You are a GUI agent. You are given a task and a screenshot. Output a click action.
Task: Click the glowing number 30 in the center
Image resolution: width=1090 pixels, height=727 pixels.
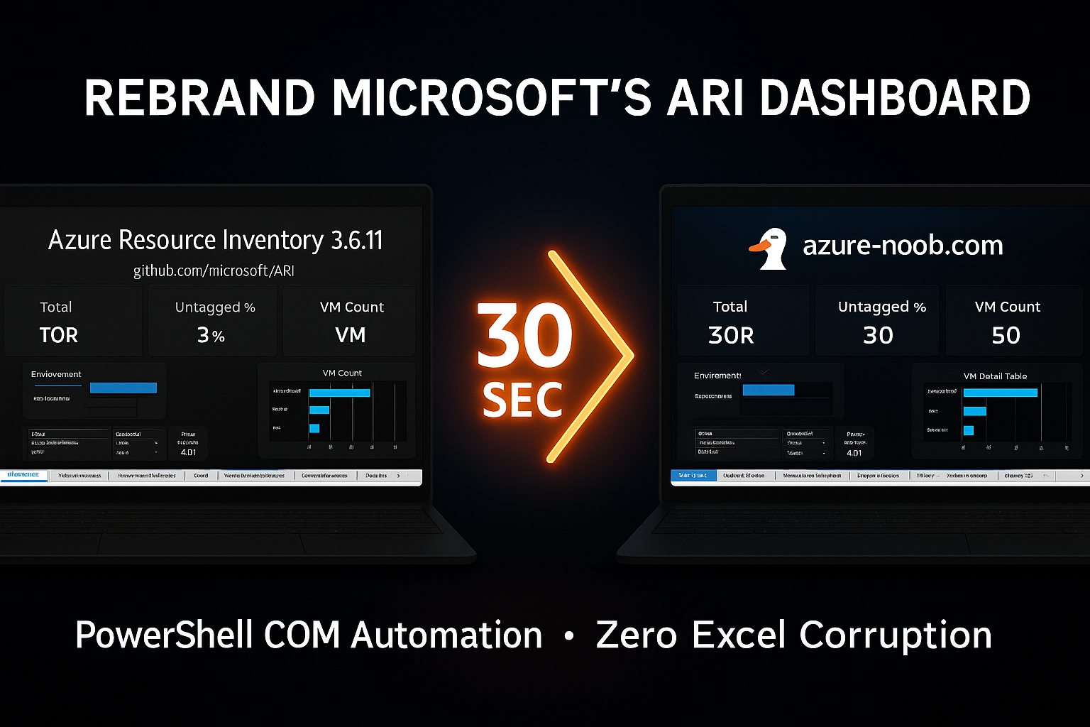point(524,337)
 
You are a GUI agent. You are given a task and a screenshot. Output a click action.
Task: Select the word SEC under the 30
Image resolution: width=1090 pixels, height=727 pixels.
point(522,400)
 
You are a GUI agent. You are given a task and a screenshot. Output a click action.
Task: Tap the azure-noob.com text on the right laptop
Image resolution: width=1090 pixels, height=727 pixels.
point(903,246)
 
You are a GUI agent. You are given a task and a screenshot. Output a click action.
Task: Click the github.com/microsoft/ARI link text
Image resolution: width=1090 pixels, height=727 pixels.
point(214,270)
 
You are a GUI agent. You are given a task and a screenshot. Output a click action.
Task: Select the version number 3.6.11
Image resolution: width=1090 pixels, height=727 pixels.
point(357,241)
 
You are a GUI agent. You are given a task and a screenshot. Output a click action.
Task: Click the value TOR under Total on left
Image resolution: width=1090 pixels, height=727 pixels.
point(58,334)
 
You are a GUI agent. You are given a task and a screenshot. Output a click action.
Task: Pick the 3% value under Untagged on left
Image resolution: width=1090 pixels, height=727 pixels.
point(211,334)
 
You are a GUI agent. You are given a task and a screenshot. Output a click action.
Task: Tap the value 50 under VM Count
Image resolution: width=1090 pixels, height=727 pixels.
point(1006,335)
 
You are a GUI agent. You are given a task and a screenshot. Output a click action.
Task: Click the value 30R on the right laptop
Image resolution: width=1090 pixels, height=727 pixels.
point(731,335)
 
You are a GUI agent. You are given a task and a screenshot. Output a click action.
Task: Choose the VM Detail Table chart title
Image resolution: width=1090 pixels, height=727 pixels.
point(995,376)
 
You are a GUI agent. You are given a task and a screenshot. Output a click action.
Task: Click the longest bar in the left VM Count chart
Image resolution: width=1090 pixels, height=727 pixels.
point(339,393)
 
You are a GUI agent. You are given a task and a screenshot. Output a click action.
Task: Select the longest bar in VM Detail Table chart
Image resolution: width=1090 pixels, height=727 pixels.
point(1000,393)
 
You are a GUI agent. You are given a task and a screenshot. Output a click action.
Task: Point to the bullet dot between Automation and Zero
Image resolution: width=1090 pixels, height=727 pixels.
point(568,637)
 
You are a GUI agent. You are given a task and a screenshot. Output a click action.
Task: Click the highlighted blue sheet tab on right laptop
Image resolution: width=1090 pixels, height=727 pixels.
point(693,476)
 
